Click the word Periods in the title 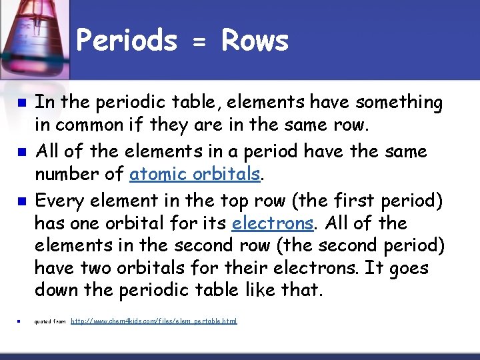tap(127, 41)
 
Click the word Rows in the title tap(255, 41)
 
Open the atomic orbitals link tap(194, 174)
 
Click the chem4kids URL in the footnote tap(153, 321)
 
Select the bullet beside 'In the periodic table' tap(21, 104)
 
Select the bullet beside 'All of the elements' tap(21, 153)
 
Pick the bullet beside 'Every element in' tap(21, 201)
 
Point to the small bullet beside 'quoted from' tap(20, 322)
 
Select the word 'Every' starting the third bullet tap(57, 199)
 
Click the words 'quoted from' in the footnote tap(50, 322)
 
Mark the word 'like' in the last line tap(251, 291)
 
